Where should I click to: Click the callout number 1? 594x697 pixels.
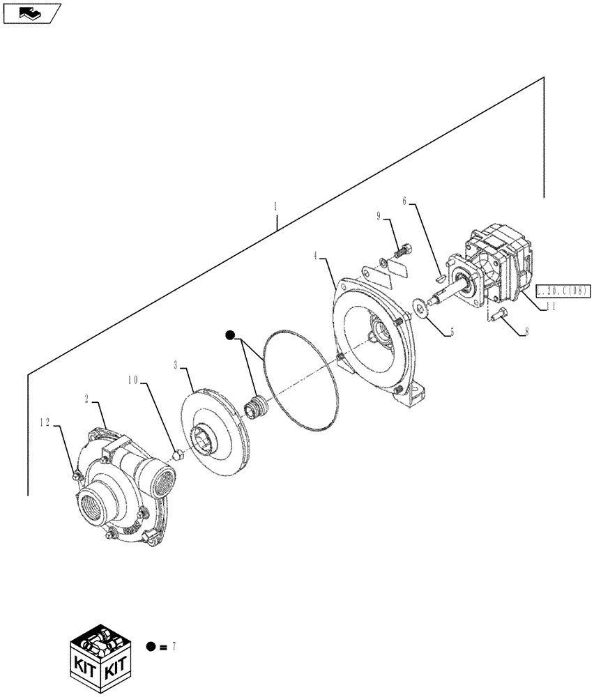[x=275, y=207]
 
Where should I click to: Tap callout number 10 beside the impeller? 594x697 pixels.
[x=132, y=381]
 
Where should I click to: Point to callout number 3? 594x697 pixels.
[x=176, y=365]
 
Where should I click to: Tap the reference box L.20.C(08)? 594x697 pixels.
[x=563, y=289]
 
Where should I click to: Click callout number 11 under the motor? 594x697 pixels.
[x=550, y=305]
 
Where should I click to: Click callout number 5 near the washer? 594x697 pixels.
[x=451, y=332]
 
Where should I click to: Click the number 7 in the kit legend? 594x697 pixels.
[x=173, y=647]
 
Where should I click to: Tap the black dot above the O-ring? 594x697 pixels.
[x=230, y=337]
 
